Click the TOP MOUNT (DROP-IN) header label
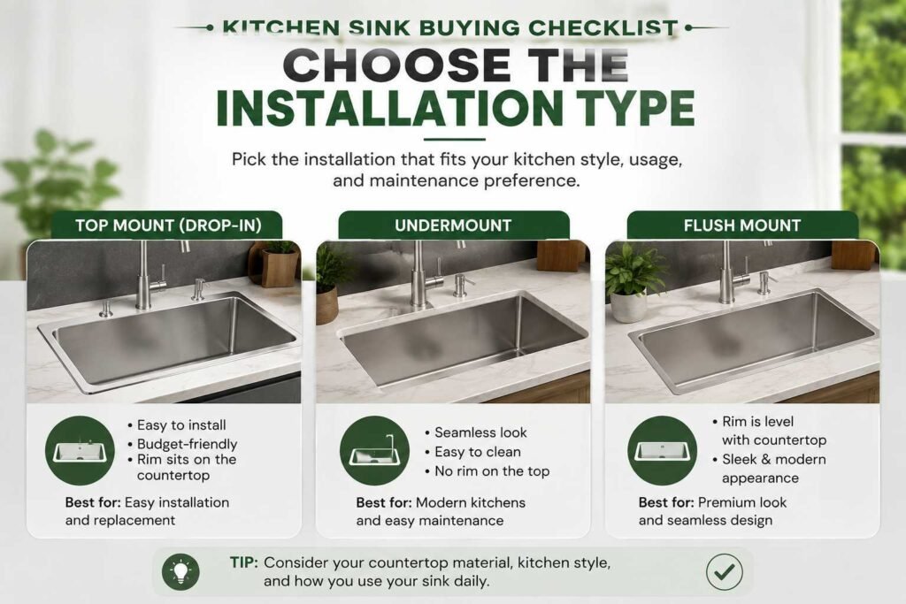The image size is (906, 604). point(168,226)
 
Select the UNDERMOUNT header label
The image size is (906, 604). point(453,226)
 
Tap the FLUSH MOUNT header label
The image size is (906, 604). point(742,226)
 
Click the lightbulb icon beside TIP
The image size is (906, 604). point(180,571)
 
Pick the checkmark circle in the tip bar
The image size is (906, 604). point(724,571)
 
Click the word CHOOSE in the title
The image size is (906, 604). point(396,65)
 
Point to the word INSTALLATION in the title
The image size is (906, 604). point(390,108)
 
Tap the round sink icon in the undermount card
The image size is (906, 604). point(374,450)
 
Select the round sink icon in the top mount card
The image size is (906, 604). point(80,450)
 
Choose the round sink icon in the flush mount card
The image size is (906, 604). point(662,450)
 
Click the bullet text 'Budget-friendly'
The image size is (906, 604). point(188,444)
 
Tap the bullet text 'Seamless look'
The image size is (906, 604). point(480,432)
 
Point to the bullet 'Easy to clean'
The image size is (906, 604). point(478,452)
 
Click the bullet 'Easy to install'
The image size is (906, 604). point(181,425)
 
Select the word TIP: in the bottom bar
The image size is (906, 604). point(244,562)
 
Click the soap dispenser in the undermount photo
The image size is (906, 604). point(462,286)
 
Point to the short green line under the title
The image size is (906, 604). point(454,139)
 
